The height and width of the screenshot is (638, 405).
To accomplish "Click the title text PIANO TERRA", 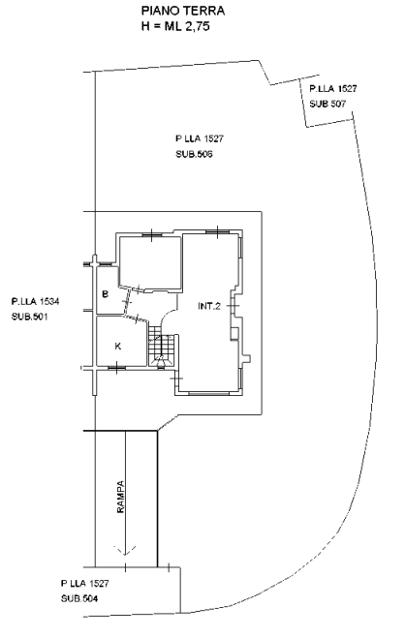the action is point(183,11).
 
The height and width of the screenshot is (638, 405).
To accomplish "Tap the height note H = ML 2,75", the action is point(175,26).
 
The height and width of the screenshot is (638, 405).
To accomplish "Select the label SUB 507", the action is point(327,104).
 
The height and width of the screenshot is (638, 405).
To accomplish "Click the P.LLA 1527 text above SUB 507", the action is point(333,89).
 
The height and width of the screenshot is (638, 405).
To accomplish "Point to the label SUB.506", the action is point(194,154).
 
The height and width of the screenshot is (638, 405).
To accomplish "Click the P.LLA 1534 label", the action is point(36,301).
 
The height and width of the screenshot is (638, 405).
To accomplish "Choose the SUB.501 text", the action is point(29,317).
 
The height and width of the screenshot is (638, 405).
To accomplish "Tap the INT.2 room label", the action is point(209,306).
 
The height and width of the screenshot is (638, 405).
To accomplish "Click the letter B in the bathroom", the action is point(105,293).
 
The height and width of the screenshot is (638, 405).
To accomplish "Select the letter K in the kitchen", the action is point(118,347).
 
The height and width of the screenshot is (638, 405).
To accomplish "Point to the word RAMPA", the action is point(120,497).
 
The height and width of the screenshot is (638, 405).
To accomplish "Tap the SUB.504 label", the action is point(79,598).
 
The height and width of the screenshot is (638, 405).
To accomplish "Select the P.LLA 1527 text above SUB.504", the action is point(84,584).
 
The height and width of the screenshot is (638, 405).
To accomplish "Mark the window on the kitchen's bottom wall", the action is point(116,368).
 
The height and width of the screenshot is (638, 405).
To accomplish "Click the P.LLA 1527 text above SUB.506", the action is point(200,138).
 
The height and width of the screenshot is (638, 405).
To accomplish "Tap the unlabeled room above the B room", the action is point(150,262).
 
